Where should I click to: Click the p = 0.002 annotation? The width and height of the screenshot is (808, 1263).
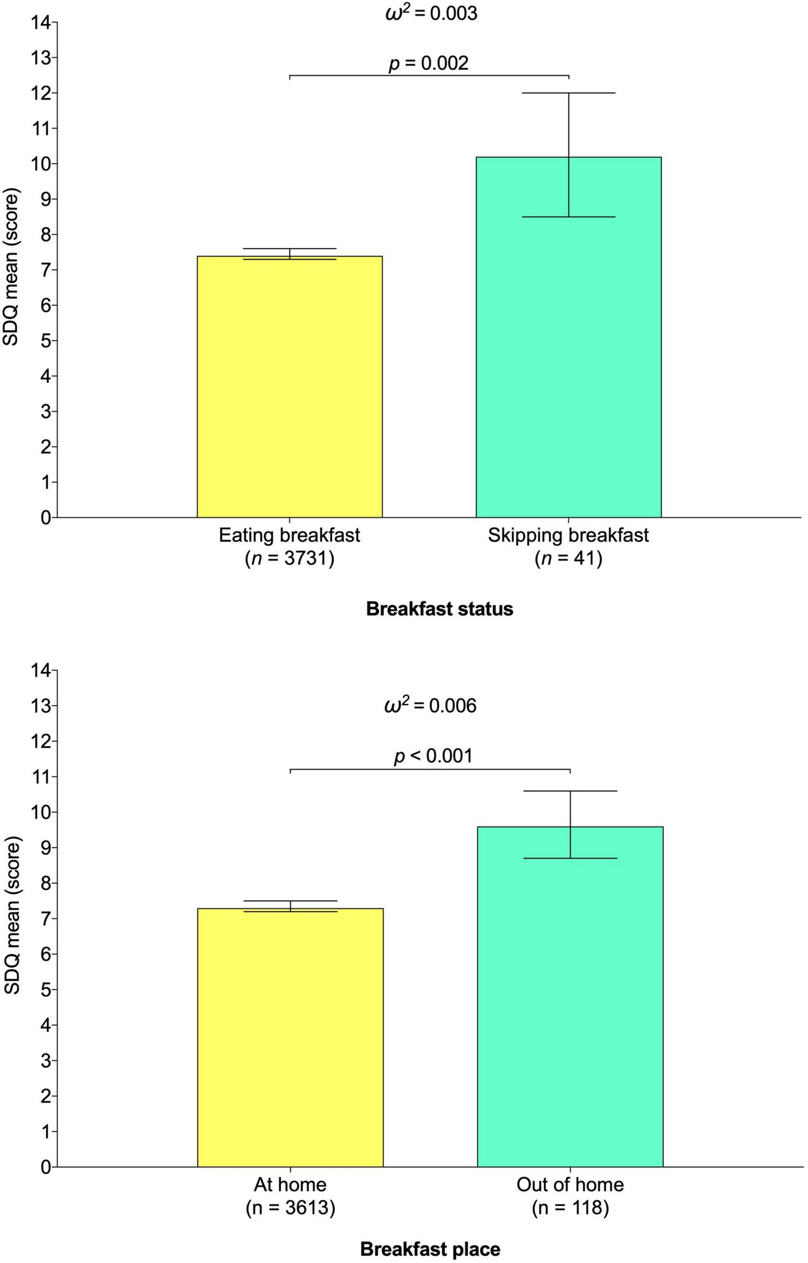(428, 63)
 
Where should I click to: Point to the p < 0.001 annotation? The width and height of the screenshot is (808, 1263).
(433, 756)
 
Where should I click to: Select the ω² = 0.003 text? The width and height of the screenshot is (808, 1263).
(431, 13)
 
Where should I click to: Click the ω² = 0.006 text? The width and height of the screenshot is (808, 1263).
(430, 705)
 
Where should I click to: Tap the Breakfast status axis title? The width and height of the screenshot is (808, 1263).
(439, 609)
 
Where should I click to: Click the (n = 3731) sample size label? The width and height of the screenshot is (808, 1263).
(289, 559)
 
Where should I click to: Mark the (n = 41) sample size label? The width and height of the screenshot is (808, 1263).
(568, 559)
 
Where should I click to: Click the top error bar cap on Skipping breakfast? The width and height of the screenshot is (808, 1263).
(568, 93)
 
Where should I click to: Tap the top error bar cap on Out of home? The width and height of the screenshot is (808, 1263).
(570, 791)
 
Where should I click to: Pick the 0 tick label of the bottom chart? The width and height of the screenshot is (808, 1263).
(46, 1167)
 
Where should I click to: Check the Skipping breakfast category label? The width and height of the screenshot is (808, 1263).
(568, 535)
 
